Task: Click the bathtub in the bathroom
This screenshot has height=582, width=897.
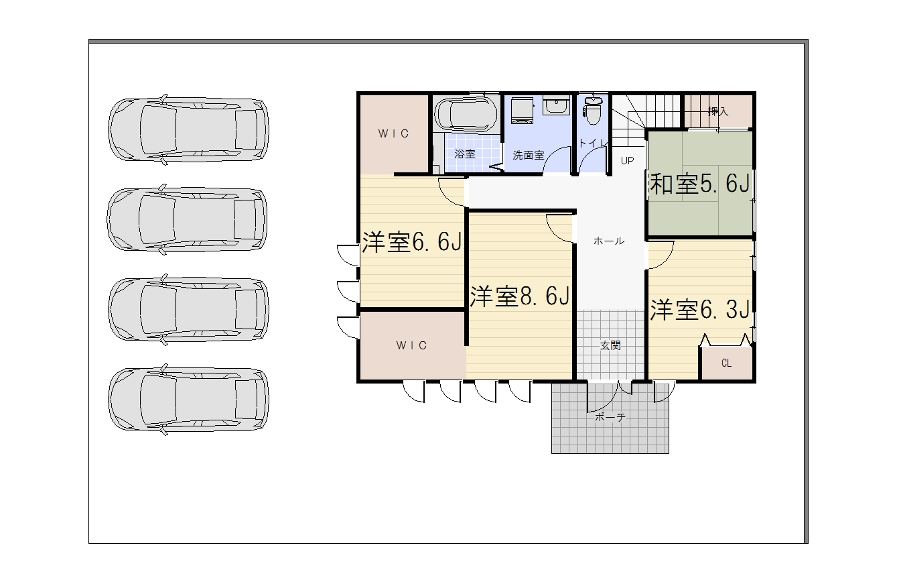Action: pos(466,114)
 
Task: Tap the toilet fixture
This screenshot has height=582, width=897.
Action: pos(593,110)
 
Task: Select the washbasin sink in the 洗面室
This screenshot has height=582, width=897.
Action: pos(556,105)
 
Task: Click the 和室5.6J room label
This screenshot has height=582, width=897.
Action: pos(699,184)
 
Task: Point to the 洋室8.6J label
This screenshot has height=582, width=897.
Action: pos(519,296)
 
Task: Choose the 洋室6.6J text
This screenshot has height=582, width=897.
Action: pos(412,241)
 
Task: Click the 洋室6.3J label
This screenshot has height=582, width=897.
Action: pos(699,309)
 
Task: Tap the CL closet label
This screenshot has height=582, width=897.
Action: pos(726,363)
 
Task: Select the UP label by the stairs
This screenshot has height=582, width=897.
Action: pos(627,161)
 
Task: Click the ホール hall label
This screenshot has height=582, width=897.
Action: pos(609,241)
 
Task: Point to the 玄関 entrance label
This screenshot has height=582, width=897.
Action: pos(610,345)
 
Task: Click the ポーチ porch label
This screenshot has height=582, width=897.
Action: pos(610,417)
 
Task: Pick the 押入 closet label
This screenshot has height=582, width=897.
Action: pos(718,111)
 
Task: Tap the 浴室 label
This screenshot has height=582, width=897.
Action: pos(465,154)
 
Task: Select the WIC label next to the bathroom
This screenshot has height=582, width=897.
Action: pos(393,133)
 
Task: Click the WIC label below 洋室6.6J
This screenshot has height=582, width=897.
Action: pos(412,345)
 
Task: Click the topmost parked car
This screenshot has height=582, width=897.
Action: pos(188,129)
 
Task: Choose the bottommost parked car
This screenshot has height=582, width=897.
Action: pos(188,399)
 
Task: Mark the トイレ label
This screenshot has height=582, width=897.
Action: pos(593,143)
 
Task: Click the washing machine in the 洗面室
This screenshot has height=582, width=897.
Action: pos(522,111)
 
